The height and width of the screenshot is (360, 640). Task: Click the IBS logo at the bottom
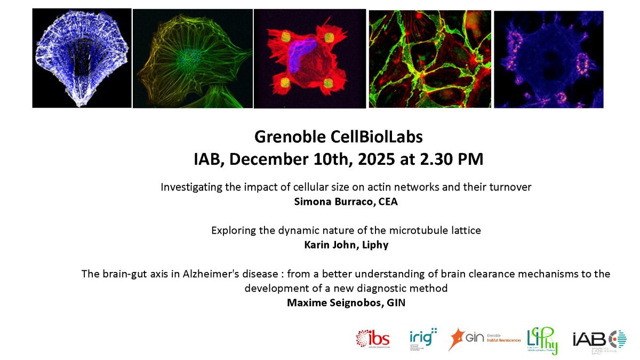[373, 339]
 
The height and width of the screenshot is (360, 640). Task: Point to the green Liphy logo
[542, 340]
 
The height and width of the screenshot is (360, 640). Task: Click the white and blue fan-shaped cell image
[82, 58]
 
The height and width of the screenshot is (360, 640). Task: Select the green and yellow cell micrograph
[193, 59]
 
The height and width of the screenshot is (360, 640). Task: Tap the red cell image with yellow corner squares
[309, 59]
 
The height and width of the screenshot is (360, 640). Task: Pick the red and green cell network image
[429, 59]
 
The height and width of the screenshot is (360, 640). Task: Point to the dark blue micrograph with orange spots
[548, 59]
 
